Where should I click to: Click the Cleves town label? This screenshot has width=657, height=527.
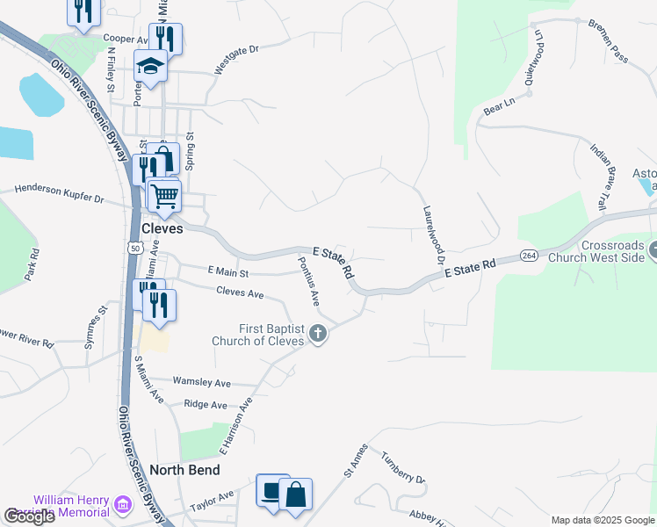coord(162,228)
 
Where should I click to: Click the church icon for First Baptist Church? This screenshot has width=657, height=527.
coord(318,334)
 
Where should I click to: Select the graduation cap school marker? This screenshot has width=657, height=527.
coord(150,66)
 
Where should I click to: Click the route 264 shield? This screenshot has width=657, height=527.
coord(529,256)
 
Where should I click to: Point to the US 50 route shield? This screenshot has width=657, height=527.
coord(135,249)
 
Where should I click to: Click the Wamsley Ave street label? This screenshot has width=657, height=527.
coord(201,382)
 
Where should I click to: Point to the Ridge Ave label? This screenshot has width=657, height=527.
coord(206,405)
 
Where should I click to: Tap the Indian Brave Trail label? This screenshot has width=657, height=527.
coord(598,177)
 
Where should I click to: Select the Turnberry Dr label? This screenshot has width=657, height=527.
coord(402,468)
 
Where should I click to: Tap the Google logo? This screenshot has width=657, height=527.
coord(30,516)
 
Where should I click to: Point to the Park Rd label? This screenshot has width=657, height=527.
coord(33,264)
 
